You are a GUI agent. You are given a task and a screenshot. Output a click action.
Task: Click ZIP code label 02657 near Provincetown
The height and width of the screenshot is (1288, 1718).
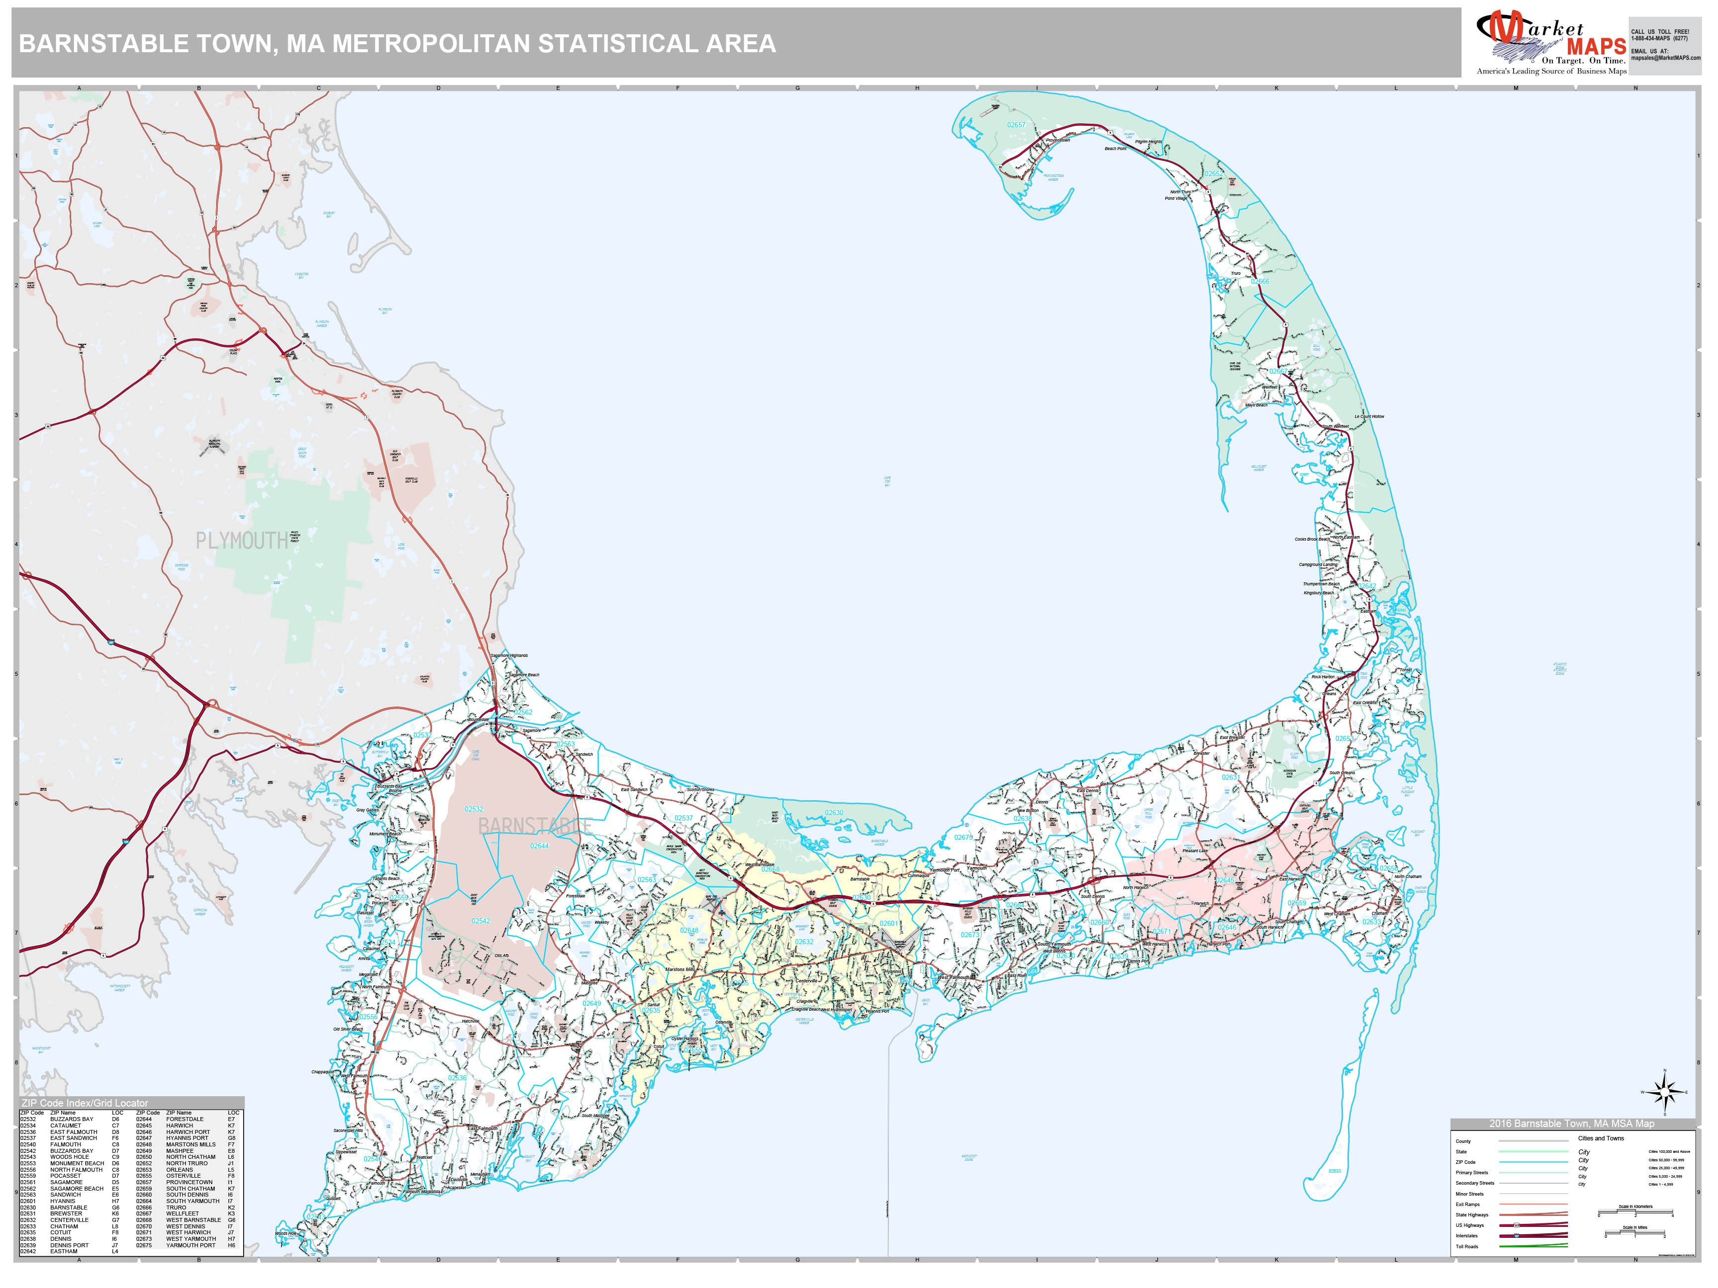pos(1016,125)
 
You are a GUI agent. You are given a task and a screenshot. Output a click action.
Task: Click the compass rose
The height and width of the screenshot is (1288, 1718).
pos(1664,1092)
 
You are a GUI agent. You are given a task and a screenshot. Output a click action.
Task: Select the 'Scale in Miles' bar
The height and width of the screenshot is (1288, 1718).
pos(1635,1234)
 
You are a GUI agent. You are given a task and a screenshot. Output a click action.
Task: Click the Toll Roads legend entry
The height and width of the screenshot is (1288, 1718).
pos(1467,1246)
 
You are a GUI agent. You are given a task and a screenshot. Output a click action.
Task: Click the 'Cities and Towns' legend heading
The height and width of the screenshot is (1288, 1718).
pos(1601,1138)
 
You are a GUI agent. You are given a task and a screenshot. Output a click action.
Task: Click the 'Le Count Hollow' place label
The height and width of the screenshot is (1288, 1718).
pos(1369,416)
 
